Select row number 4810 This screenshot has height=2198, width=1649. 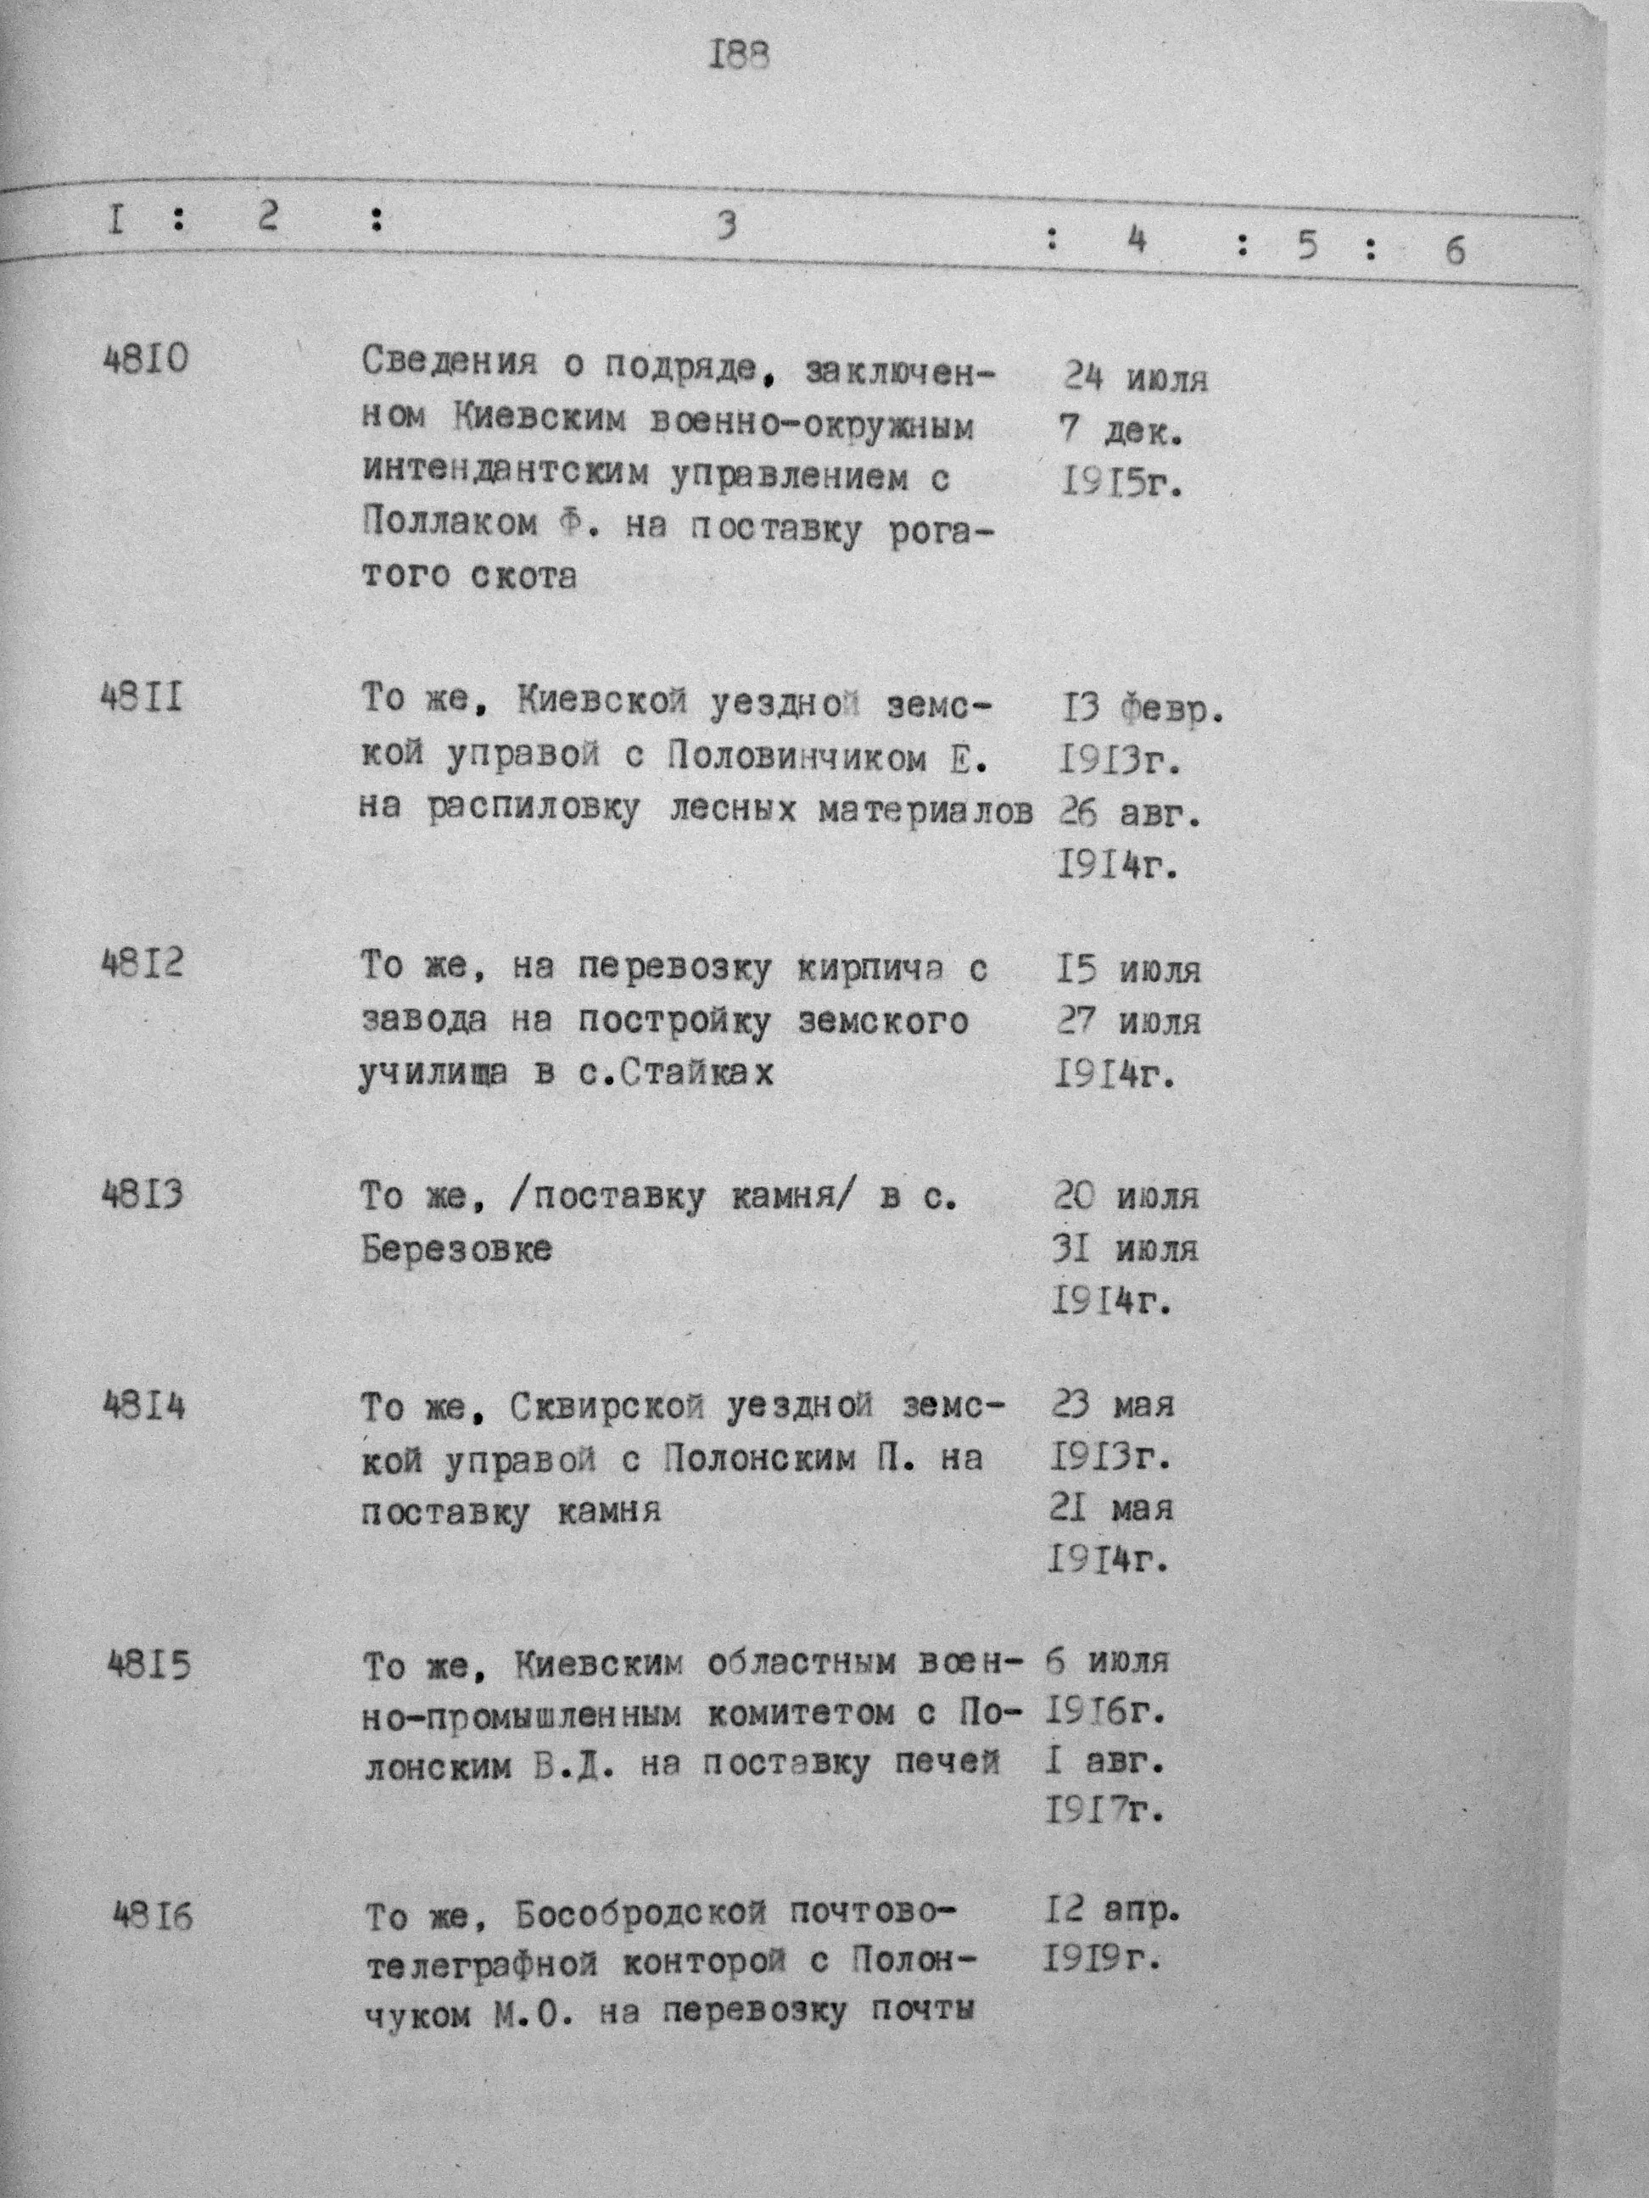[x=145, y=359]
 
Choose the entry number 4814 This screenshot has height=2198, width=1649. [x=144, y=1406]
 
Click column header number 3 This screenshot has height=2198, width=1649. [x=728, y=227]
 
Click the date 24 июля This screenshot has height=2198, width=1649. [x=1135, y=377]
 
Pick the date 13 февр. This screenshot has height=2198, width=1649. [x=1140, y=711]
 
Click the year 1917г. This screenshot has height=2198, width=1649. [x=1104, y=1811]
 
